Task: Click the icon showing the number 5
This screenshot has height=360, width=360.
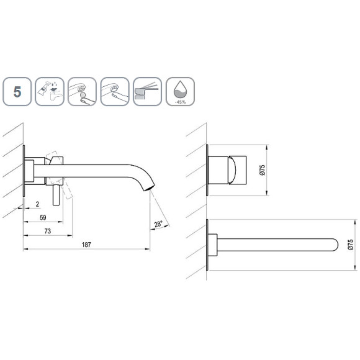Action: point(17,92)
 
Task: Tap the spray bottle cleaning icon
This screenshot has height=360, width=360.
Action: point(50,92)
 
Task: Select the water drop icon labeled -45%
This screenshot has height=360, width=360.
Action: point(180,92)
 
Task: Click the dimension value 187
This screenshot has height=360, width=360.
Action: point(86,245)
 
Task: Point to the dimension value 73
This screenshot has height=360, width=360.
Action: point(48,231)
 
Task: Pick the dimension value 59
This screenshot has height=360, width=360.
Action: point(43,218)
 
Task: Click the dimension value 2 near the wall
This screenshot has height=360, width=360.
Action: point(37,204)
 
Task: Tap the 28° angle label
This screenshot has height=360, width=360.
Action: point(158,224)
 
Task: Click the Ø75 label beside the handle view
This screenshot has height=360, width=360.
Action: point(263,170)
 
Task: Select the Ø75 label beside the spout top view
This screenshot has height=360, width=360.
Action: point(351,245)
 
